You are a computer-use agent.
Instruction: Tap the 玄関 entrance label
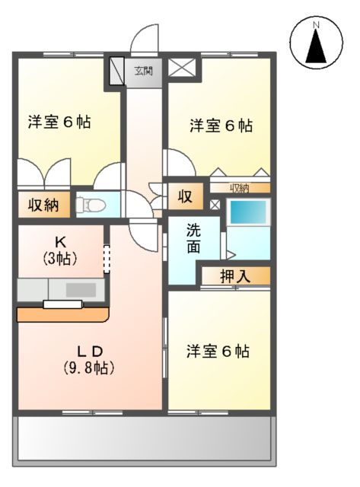tap(144, 72)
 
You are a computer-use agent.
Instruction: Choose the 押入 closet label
tap(236, 275)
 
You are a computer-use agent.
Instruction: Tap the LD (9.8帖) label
tap(88, 359)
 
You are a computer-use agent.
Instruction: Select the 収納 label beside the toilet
tap(43, 204)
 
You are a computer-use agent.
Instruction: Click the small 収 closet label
tap(185, 197)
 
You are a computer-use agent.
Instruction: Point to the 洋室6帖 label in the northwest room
tap(59, 122)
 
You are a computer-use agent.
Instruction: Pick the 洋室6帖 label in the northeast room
tap(221, 126)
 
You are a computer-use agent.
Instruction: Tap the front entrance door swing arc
tap(144, 38)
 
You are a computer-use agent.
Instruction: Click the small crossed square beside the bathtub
tap(215, 204)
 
